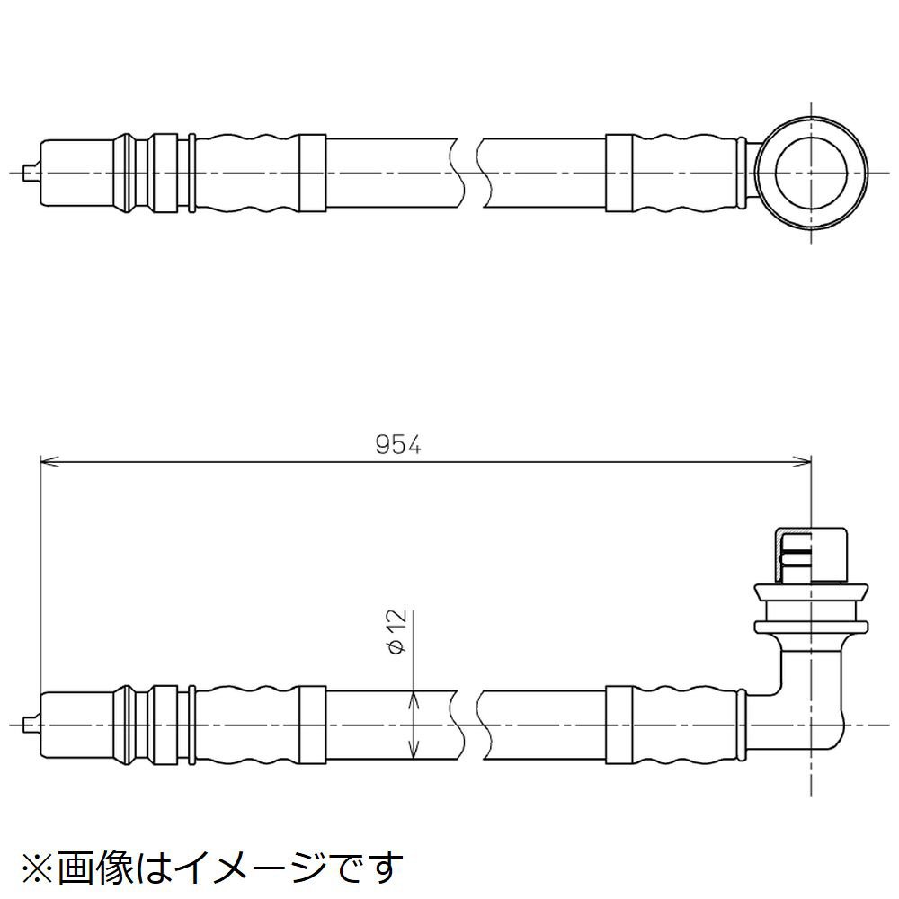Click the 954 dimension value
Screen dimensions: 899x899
[398, 445]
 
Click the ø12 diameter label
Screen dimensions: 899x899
[397, 632]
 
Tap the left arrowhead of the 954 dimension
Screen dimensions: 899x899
[49, 461]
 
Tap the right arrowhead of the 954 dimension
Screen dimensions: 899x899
[802, 461]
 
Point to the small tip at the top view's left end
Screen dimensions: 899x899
[28, 173]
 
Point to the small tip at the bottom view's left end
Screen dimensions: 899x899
[28, 725]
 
